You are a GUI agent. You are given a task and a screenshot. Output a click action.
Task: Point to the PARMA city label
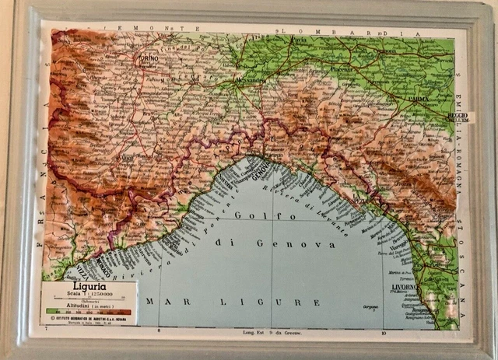(419, 100)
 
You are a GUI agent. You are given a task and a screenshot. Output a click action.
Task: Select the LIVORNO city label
(405, 289)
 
